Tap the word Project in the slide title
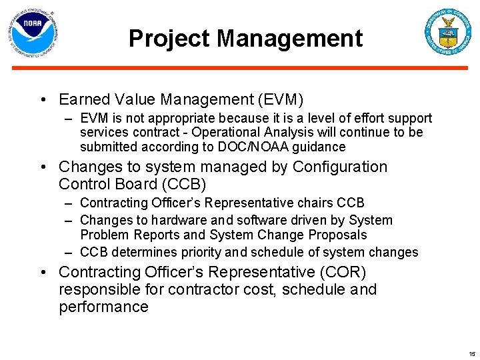(170, 39)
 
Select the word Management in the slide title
(290, 39)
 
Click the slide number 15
(472, 354)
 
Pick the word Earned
(83, 100)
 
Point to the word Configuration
(340, 167)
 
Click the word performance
(103, 307)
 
